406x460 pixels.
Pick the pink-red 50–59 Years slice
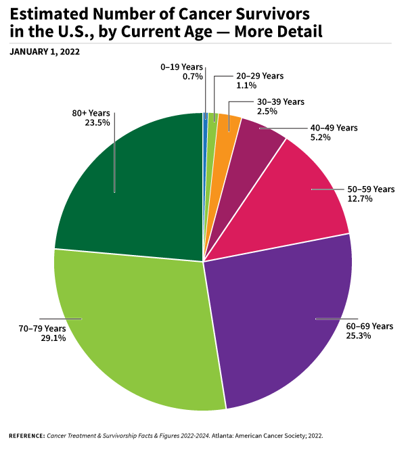click(x=298, y=196)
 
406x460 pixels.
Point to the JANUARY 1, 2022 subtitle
click(x=45, y=51)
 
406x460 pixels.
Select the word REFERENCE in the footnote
click(x=26, y=436)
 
